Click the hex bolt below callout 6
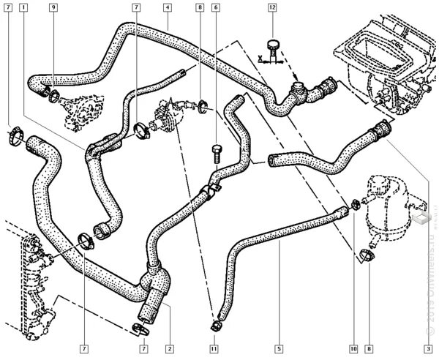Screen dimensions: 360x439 217,151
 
